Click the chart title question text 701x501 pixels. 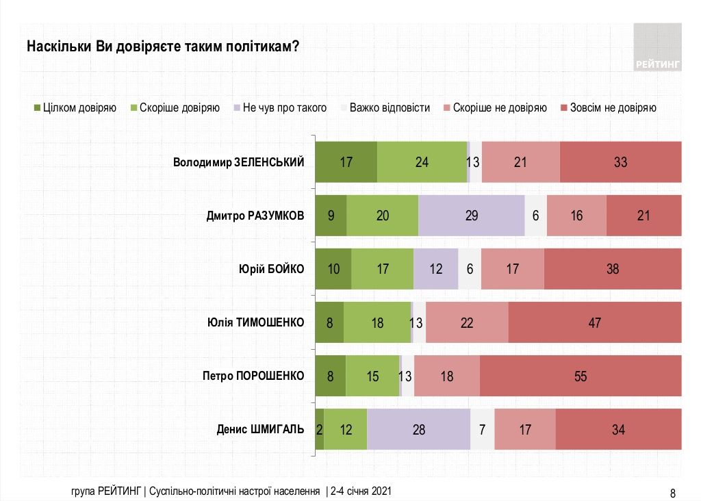[x=162, y=47]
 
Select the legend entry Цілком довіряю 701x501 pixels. [x=75, y=107]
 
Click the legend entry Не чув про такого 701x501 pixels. [x=280, y=107]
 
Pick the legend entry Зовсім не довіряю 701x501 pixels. [x=609, y=107]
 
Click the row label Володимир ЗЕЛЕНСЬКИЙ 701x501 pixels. [x=238, y=162]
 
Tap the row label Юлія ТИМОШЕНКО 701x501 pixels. [x=255, y=322]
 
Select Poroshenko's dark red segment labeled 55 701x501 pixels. [x=581, y=376]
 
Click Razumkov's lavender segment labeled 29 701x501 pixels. [x=471, y=216]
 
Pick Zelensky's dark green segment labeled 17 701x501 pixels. [x=346, y=162]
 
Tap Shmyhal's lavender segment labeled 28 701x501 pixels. [x=418, y=429]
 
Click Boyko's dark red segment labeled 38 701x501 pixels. [x=613, y=269]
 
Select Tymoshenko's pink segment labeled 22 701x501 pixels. [x=467, y=322]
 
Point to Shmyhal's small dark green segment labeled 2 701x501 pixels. [x=319, y=429]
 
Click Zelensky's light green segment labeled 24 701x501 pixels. [x=422, y=162]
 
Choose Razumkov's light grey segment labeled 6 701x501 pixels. [x=535, y=216]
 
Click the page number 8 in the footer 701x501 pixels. [x=672, y=493]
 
